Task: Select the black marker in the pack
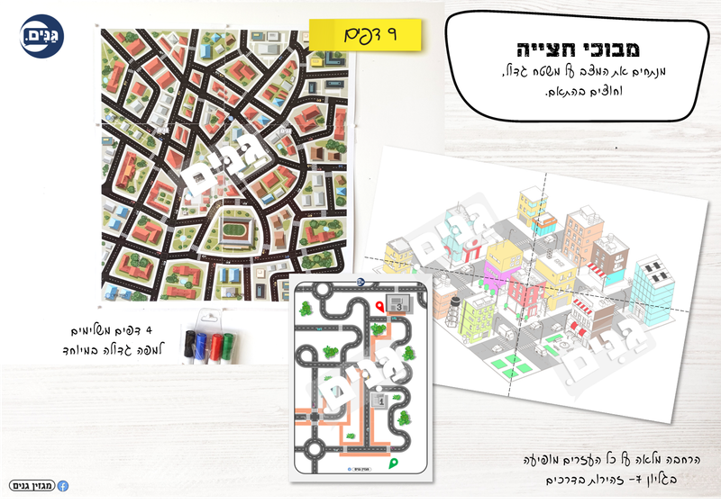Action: click(190, 344)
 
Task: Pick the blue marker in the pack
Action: click(204, 344)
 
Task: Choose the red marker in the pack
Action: click(216, 344)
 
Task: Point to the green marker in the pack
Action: click(229, 344)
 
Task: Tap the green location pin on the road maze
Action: click(393, 463)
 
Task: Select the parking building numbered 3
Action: click(397, 303)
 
